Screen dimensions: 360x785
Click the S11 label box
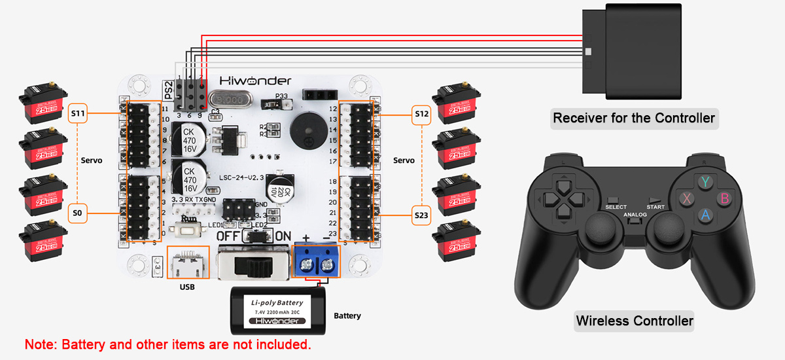click(x=78, y=113)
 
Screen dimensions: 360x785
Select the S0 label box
click(x=78, y=213)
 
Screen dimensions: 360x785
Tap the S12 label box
click(x=422, y=114)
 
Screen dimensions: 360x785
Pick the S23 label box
click(x=422, y=213)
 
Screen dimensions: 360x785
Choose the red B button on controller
click(x=724, y=198)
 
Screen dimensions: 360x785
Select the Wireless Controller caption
click(x=634, y=321)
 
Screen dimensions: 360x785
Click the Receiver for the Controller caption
click(x=633, y=118)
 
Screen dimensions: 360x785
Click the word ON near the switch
click(x=283, y=236)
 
